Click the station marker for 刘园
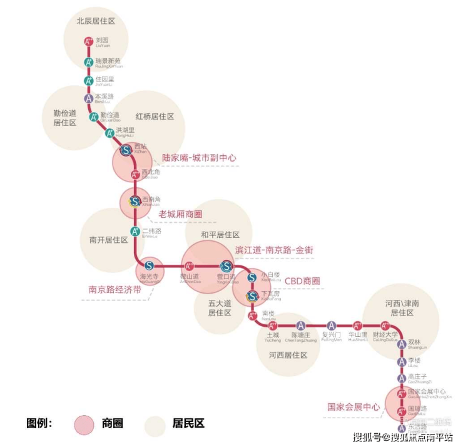coord(89,42)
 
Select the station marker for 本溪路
coord(89,98)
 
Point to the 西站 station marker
coord(126,150)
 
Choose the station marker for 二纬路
coord(135,232)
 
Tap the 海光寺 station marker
coord(149,265)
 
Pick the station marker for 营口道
coord(225,266)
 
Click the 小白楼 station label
coord(270,274)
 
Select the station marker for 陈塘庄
coord(300,326)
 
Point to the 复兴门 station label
coord(331,334)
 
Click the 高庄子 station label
coord(417,377)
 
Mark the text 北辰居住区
coord(96,21)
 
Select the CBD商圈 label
coord(302,281)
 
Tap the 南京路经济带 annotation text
coord(114,290)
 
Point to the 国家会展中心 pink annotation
coord(354,407)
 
